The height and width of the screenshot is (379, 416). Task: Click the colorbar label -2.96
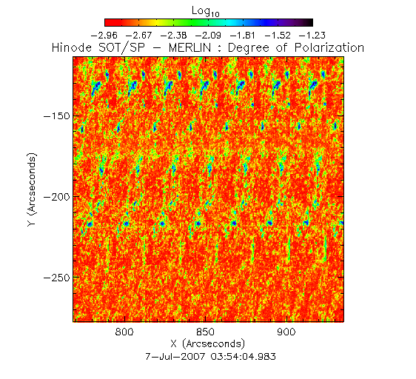(x=104, y=36)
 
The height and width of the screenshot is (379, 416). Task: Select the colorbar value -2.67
(x=138, y=36)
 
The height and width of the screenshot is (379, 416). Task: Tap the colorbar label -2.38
(x=173, y=36)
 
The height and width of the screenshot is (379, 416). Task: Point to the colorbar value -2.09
(x=208, y=36)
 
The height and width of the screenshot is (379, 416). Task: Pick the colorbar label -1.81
(x=243, y=36)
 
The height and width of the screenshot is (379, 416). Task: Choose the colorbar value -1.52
(x=278, y=36)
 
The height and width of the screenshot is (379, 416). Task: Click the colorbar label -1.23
(x=312, y=36)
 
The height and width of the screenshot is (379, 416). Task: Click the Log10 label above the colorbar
(x=205, y=12)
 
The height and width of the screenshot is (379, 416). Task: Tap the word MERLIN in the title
(x=189, y=48)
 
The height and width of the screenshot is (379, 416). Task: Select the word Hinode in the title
(x=72, y=48)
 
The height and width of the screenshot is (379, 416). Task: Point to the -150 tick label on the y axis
(x=57, y=116)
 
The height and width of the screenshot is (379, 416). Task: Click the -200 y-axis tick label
(x=57, y=197)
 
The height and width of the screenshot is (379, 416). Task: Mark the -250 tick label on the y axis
(x=57, y=278)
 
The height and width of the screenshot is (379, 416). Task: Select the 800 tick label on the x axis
(x=124, y=332)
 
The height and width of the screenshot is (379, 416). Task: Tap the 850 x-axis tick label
(x=205, y=332)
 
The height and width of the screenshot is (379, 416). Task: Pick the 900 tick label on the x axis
(x=286, y=332)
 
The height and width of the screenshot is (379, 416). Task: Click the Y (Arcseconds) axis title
(x=32, y=189)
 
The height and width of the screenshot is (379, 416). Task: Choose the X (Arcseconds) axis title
(x=208, y=344)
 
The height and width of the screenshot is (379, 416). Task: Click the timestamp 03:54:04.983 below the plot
(x=244, y=356)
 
